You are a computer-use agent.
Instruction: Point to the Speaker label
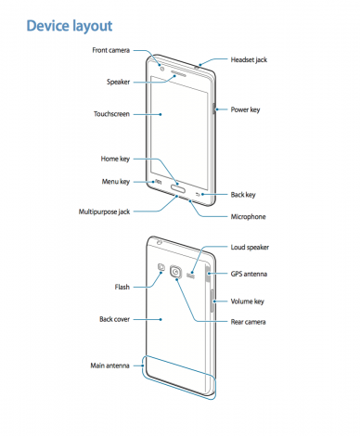tap(117, 82)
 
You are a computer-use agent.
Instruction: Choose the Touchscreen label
tap(110, 114)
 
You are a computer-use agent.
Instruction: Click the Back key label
tap(243, 196)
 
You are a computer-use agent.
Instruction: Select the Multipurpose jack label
tap(104, 212)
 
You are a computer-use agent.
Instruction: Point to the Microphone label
tap(248, 216)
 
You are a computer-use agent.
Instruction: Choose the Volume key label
tap(248, 301)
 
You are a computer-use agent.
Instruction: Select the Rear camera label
tap(248, 323)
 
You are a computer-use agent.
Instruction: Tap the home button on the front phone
tap(180, 195)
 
